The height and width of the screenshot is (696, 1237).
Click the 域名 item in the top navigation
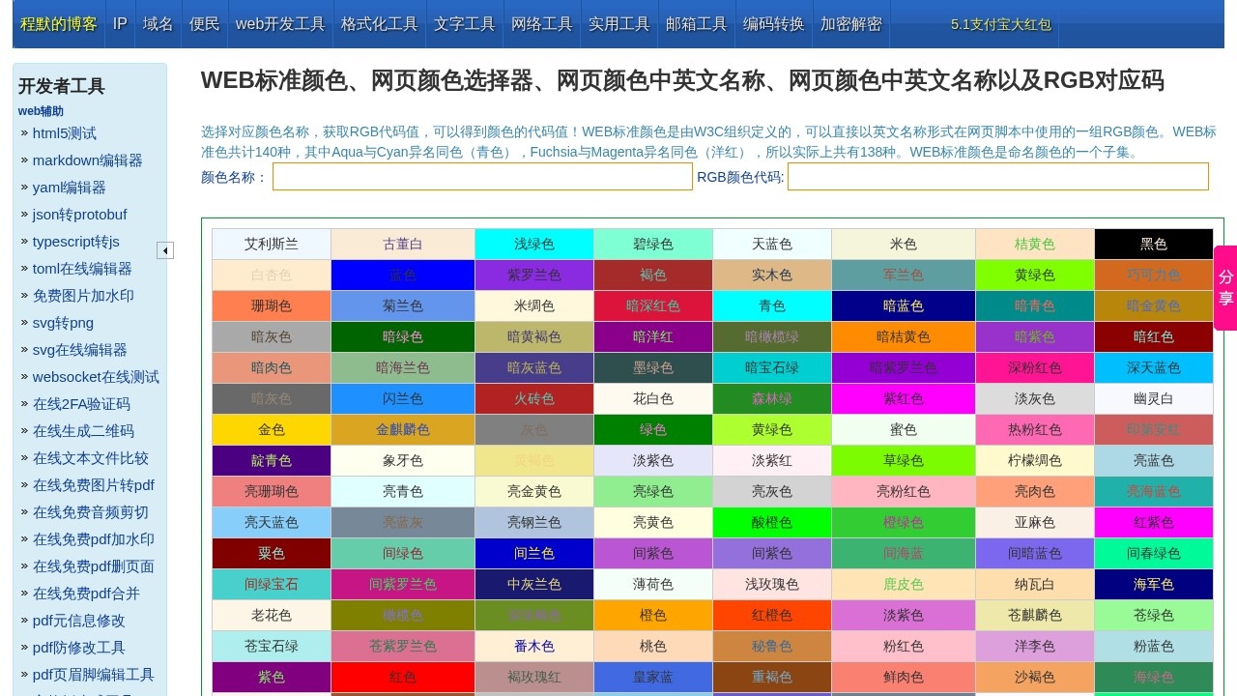(x=158, y=24)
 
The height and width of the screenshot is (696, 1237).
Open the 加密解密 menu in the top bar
(x=850, y=24)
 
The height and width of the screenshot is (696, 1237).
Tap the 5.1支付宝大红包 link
(x=1000, y=24)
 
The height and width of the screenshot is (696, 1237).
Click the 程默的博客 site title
(x=59, y=24)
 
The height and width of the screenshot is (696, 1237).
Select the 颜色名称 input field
(x=482, y=177)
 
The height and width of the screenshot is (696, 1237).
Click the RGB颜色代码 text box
(x=997, y=177)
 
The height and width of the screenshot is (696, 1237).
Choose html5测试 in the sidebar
(x=64, y=133)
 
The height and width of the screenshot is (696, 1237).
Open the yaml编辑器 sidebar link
(x=69, y=188)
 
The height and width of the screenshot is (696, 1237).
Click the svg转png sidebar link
(x=63, y=323)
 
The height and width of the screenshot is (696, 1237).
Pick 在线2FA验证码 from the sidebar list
(x=81, y=404)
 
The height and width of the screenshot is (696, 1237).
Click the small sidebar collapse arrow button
(x=165, y=250)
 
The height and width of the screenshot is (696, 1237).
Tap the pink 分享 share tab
(x=1225, y=288)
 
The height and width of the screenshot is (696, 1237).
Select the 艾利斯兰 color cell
(x=272, y=245)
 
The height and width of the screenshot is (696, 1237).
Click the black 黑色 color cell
(x=1153, y=245)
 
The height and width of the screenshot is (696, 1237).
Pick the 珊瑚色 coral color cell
(x=272, y=306)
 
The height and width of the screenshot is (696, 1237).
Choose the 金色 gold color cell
(x=272, y=430)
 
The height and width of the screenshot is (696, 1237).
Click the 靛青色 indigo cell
(x=272, y=461)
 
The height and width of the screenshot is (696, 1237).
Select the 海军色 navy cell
(x=1153, y=585)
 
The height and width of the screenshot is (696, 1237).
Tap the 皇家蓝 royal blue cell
(x=653, y=678)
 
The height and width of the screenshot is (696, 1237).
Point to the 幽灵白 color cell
(x=1153, y=399)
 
